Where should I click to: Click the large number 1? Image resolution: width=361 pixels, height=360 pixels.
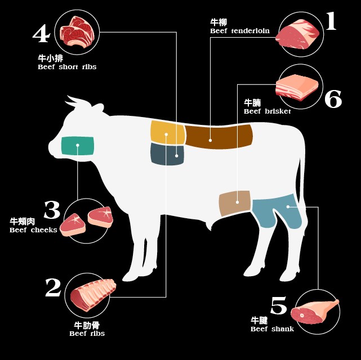[331, 21]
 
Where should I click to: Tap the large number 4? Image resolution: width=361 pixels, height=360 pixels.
[42, 34]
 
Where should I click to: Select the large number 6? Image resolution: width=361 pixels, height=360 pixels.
[333, 99]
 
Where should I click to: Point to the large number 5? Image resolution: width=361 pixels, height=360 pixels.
[279, 305]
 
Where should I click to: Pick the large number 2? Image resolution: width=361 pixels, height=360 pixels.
[53, 287]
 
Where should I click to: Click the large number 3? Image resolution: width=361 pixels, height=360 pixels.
[52, 210]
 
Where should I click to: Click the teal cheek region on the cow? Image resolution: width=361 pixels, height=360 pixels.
[78, 146]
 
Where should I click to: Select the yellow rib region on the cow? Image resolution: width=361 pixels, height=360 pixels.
[168, 133]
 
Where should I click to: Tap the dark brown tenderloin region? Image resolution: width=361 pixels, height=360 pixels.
[219, 136]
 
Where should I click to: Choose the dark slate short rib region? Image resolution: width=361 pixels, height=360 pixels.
[167, 154]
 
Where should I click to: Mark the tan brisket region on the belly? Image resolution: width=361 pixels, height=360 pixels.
[234, 203]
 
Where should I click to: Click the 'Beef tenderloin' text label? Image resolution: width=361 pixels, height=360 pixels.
[240, 31]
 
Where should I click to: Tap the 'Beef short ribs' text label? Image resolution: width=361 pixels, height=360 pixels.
[67, 67]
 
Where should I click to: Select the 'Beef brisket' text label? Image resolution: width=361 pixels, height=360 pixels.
[268, 111]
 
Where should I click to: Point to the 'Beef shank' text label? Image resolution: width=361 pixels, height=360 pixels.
[272, 329]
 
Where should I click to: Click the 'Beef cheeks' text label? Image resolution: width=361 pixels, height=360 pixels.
[33, 230]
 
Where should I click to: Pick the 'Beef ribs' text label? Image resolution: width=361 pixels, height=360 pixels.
[87, 334]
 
